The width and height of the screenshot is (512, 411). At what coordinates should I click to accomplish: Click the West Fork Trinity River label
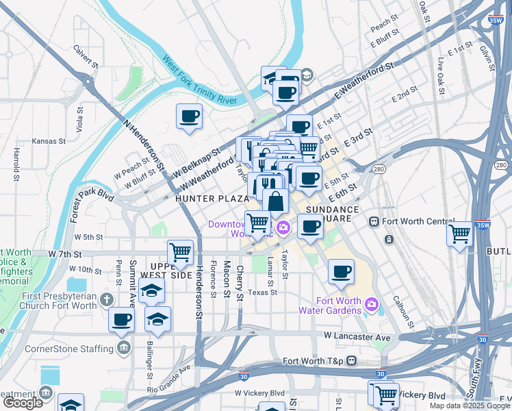tap(199, 82)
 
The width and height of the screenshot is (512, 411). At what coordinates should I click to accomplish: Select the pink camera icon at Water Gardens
tap(372, 303)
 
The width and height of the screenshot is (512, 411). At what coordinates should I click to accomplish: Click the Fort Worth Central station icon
tap(374, 221)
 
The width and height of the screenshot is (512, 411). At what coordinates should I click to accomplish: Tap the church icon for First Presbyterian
tap(105, 299)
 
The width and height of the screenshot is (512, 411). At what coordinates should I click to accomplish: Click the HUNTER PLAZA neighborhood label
tap(212, 199)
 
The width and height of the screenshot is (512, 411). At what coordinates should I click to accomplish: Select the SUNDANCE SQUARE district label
tap(333, 214)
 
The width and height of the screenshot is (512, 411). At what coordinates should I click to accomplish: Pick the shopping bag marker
tap(275, 201)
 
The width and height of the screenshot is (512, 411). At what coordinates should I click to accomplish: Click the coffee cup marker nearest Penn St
tap(122, 319)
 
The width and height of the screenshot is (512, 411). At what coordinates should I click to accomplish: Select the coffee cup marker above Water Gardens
tap(341, 271)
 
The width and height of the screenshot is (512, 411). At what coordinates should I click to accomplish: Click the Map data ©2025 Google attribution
tap(469, 406)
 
